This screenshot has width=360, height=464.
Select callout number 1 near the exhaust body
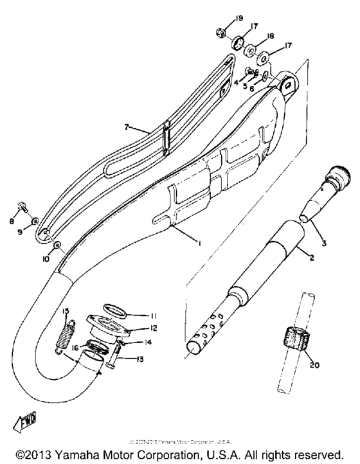point(200,243)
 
